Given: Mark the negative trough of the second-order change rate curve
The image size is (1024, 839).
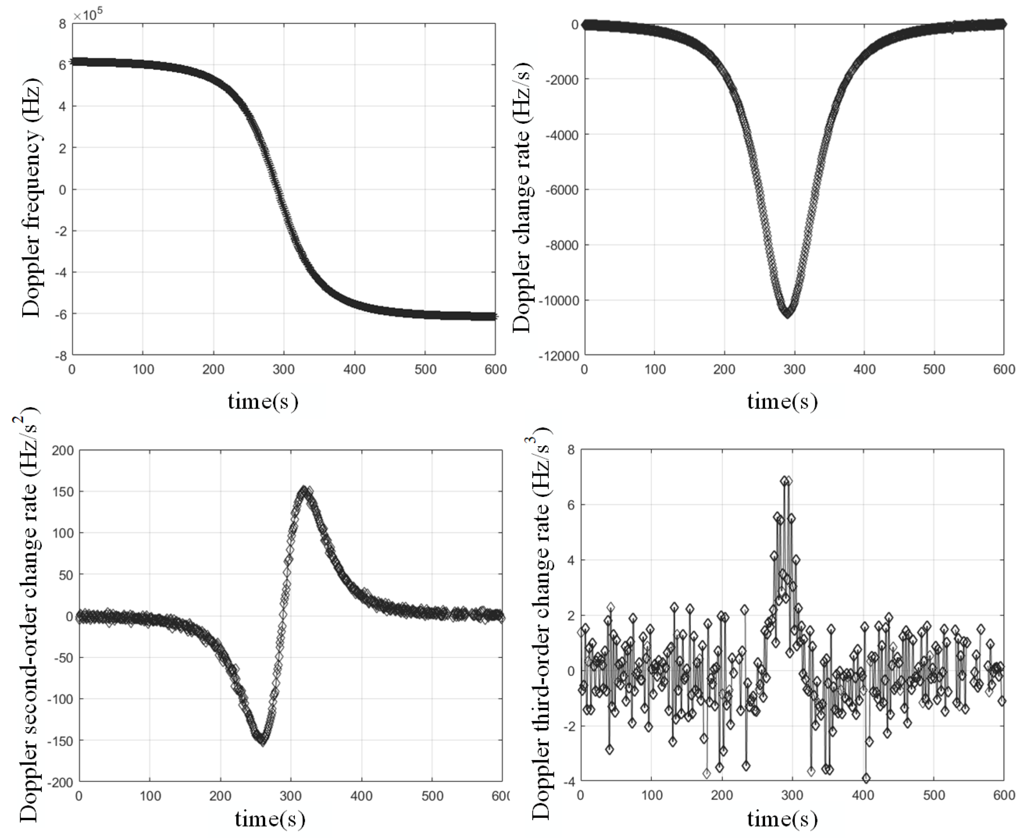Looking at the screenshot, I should click(263, 741).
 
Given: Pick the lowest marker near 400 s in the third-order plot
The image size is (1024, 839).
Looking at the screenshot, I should click(866, 778).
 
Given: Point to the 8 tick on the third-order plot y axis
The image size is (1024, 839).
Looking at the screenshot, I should click(571, 450).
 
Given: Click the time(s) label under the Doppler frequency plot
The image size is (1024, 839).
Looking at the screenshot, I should click(263, 401).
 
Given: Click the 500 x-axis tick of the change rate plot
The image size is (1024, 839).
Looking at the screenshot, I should click(934, 370).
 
